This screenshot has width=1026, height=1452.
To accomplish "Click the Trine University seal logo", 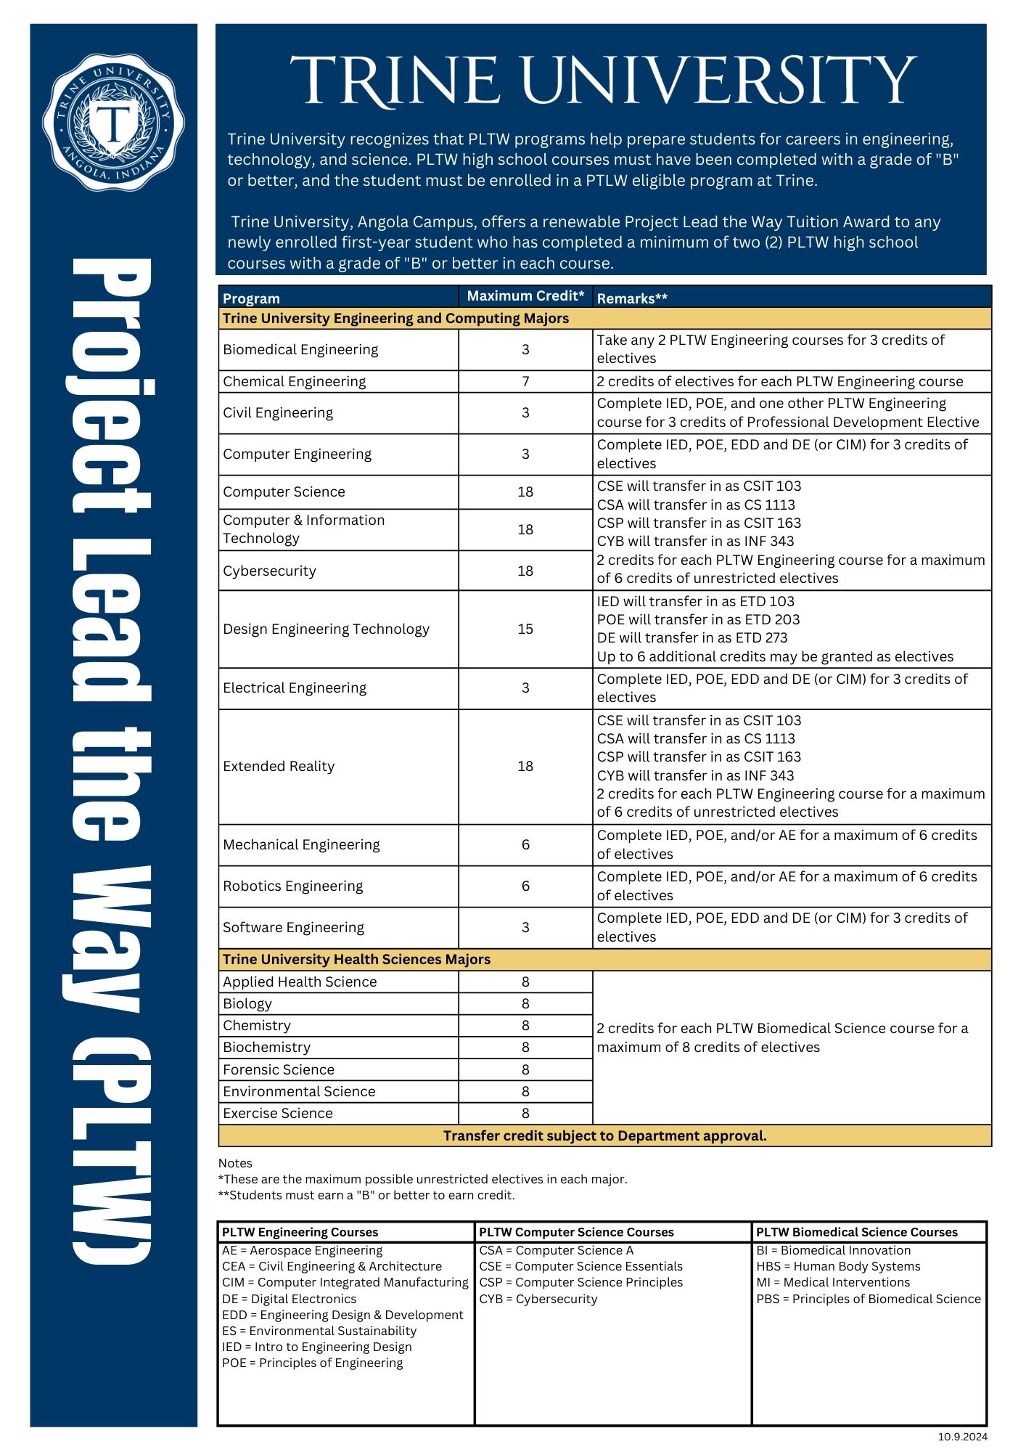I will point(113,122).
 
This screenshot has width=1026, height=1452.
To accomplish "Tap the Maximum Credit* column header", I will point(525,296).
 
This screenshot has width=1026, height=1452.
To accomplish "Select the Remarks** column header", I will point(631,298).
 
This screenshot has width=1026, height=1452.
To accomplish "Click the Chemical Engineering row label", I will point(294,382).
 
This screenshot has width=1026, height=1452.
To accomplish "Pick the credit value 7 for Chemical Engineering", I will point(525,382).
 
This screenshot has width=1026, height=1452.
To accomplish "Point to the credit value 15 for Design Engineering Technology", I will point(525,629).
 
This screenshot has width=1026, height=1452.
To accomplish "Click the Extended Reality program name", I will point(279,767).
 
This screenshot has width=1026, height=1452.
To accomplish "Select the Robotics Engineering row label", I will point(292,886).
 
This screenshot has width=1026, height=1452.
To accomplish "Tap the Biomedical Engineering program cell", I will point(300,350).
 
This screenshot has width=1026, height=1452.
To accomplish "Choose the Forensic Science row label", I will point(279,1070).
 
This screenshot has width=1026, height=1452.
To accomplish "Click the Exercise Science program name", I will point(277,1114).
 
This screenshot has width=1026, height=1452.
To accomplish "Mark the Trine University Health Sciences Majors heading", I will point(356,960).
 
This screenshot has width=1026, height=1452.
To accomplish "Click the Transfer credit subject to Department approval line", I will point(604,1136).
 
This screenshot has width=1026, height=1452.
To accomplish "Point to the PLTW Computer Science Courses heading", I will point(576,1233).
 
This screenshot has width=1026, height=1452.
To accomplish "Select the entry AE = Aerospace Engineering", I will point(302,1251).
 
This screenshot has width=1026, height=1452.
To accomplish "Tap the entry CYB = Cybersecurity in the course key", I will point(538,1300).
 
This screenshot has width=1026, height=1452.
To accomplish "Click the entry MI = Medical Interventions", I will point(832,1283).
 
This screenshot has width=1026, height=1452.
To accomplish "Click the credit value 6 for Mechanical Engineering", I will point(525,845).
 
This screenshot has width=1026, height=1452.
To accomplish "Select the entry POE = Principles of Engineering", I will point(312,1363).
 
